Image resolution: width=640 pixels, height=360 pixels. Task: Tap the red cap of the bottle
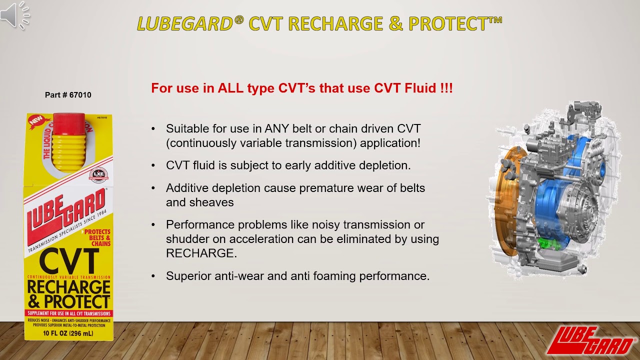(x=68, y=124)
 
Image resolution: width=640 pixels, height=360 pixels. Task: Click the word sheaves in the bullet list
(x=212, y=202)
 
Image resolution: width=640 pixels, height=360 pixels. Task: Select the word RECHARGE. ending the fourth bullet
(x=201, y=253)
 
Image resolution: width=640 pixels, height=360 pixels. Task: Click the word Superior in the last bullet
(x=188, y=275)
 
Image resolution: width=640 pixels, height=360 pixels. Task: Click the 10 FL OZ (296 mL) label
(x=68, y=333)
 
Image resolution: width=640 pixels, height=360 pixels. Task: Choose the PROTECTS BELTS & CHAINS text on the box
(x=97, y=238)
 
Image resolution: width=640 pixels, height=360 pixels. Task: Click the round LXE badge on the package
(x=98, y=175)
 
